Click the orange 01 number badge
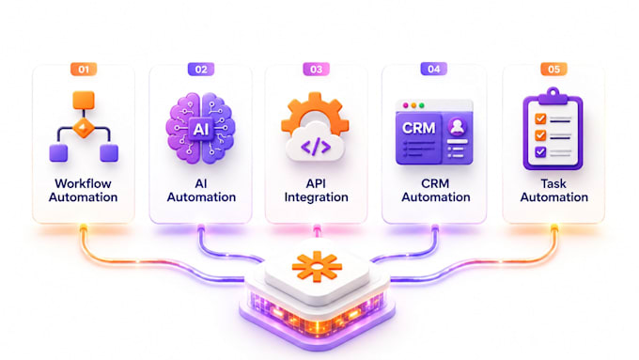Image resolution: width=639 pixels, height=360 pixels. click(84, 70)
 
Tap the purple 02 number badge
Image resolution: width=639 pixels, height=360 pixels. click(201, 70)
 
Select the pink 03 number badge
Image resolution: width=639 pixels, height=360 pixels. click(317, 70)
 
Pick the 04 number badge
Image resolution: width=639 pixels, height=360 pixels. click(433, 69)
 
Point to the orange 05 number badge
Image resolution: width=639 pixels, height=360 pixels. click(553, 70)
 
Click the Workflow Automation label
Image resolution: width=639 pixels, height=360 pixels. click(83, 191)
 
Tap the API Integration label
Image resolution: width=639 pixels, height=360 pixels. click(317, 191)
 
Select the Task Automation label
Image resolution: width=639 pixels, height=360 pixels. click(553, 191)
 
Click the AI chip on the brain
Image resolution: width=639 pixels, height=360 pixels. click(200, 129)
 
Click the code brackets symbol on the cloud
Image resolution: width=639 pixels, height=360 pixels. click(316, 148)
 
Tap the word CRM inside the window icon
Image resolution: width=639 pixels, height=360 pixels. click(418, 129)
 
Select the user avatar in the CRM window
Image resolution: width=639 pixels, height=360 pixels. click(457, 126)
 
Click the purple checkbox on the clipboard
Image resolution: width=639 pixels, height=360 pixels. click(540, 152)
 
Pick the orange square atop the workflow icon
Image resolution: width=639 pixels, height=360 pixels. click(84, 101)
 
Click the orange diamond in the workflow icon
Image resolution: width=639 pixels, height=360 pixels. click(84, 129)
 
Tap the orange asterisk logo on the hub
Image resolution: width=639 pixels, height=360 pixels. click(317, 267)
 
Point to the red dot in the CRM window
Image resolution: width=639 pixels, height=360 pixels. click(405, 105)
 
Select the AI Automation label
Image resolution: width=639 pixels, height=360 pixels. click(201, 191)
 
